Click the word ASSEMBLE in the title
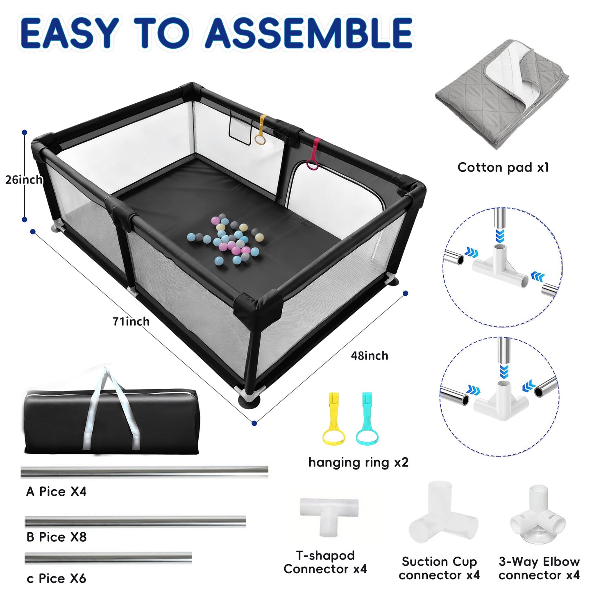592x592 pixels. click(309, 33)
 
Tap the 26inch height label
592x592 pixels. click(24, 179)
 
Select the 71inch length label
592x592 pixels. click(131, 322)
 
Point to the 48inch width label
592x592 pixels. click(370, 356)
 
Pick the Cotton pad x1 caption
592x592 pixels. click(503, 167)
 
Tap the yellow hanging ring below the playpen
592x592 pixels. click(333, 420)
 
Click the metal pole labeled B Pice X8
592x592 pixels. click(135, 521)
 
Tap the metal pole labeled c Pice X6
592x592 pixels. click(109, 558)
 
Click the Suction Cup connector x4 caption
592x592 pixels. click(439, 568)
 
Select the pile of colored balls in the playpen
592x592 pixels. click(231, 240)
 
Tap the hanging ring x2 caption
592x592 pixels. click(358, 463)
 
